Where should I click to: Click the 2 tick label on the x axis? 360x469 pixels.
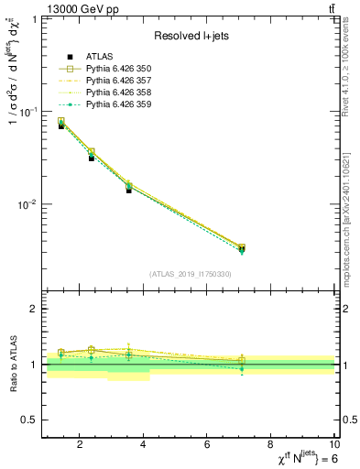[x=81, y=446]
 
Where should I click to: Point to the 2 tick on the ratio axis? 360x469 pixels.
[x=36, y=310]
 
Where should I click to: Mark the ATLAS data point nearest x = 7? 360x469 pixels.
[x=242, y=249]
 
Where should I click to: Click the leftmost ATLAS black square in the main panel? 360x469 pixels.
[x=61, y=125]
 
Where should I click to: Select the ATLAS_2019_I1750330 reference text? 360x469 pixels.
[x=189, y=274]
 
